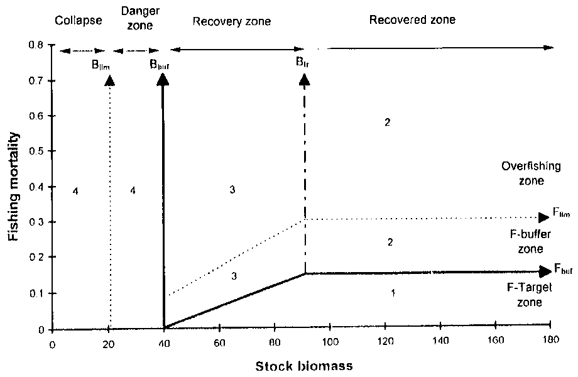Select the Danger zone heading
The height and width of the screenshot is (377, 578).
coord(136,20)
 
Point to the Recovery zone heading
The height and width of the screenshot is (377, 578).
coord(232,21)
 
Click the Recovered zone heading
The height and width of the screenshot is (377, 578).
coord(412,19)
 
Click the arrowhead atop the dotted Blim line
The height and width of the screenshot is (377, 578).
coord(110,79)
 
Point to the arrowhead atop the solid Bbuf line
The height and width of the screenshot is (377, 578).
coord(163,79)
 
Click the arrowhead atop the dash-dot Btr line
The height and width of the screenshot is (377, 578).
coord(305,79)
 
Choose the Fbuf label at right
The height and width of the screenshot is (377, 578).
coord(562,270)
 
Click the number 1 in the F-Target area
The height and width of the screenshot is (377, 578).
coord(393,293)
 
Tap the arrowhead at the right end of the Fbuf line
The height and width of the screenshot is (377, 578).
coord(544,272)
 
